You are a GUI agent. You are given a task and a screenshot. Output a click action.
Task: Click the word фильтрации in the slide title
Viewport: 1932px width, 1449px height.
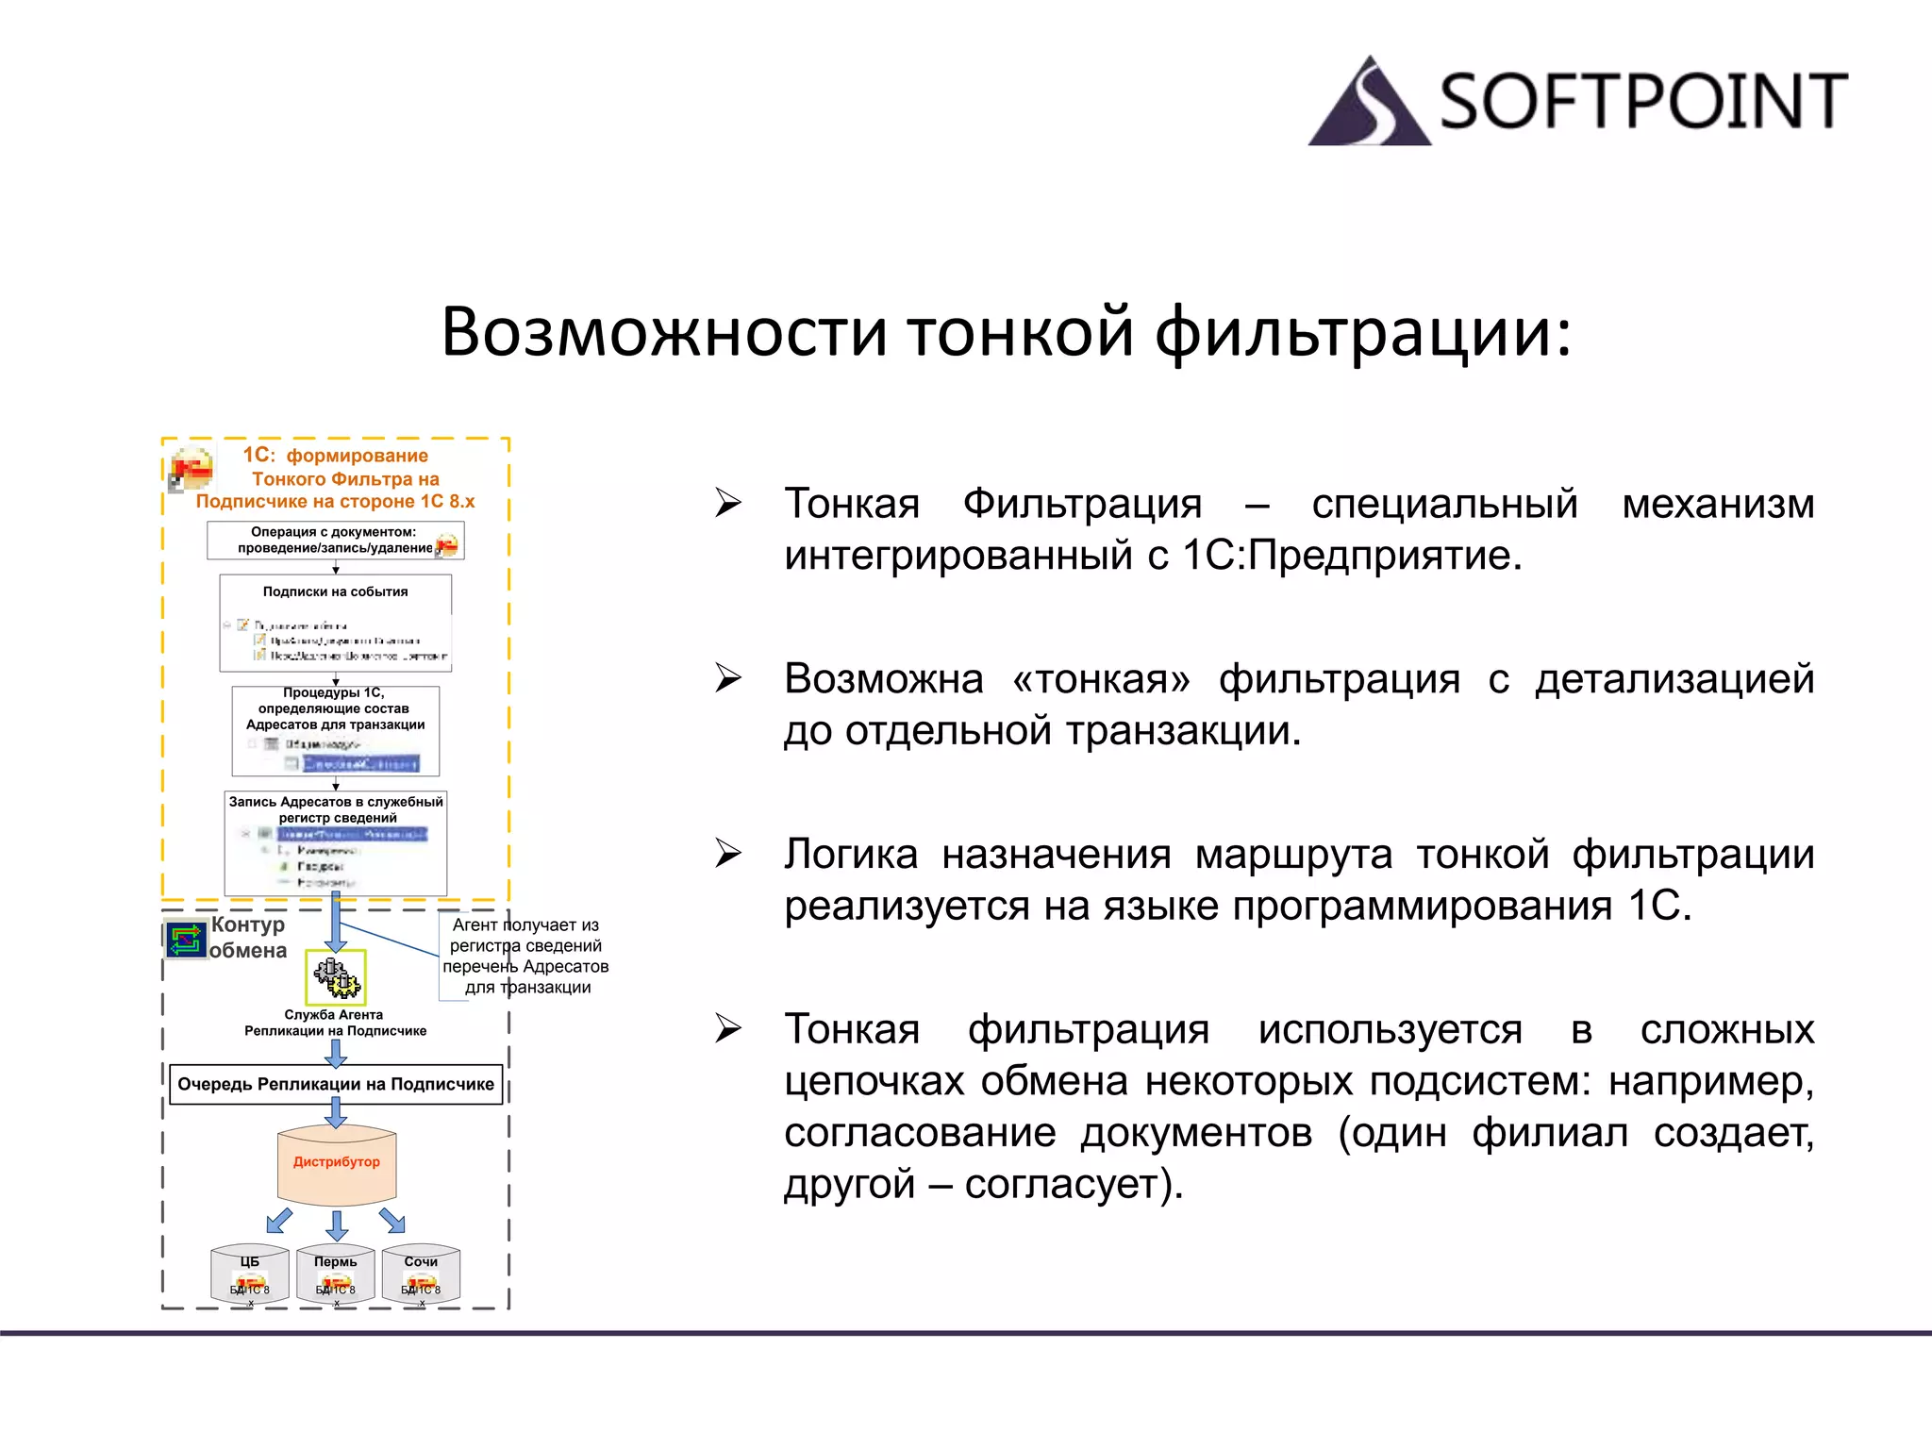tap(1363, 332)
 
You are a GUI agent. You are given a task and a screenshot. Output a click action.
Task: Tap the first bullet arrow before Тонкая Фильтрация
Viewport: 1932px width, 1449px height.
tap(727, 503)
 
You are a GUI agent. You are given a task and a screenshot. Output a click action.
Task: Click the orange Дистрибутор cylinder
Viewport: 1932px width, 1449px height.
tap(336, 1165)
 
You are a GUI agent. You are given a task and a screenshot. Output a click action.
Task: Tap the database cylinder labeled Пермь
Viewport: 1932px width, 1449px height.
tap(336, 1274)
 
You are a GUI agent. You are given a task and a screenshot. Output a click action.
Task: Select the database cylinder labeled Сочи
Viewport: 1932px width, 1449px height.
tap(421, 1274)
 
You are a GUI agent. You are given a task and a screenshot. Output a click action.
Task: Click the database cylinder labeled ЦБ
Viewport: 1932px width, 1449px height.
tap(250, 1274)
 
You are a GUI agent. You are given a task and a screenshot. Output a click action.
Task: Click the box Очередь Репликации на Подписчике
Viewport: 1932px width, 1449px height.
tap(336, 1085)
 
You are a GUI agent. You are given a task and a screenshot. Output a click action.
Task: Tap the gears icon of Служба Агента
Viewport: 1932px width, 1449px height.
tap(336, 977)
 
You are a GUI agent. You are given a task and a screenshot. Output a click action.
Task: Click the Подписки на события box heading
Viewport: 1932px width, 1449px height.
tap(335, 591)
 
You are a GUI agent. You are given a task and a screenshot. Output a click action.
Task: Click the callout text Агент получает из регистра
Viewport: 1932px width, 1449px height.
tap(526, 956)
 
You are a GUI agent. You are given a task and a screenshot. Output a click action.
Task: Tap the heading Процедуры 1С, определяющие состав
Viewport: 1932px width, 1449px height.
tap(335, 708)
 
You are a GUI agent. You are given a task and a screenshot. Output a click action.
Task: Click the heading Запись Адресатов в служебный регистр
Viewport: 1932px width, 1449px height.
tap(336, 809)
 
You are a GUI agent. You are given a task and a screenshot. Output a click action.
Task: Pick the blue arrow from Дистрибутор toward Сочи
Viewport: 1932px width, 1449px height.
tap(392, 1221)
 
